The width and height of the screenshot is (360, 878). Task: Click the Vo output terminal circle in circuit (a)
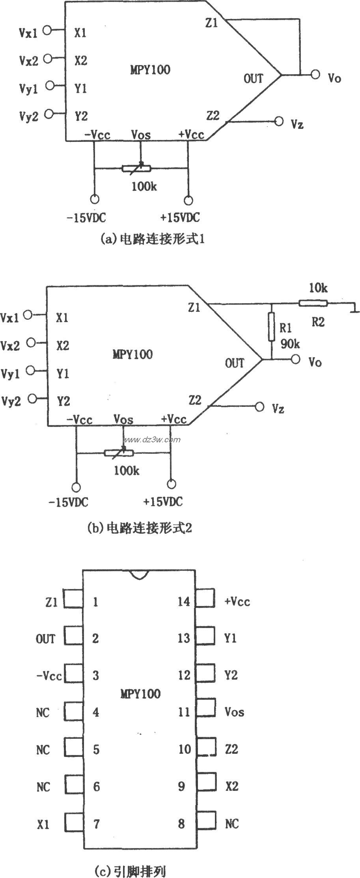coord(315,74)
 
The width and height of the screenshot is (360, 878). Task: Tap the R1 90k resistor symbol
coord(271,326)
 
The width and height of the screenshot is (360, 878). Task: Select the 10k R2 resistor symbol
coord(313,303)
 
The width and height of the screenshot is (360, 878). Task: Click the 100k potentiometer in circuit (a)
coord(136,169)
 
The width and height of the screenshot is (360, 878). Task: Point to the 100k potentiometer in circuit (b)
coord(119,453)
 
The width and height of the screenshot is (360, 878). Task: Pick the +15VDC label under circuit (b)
coord(163,502)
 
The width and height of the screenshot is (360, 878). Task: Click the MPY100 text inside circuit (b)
coord(132,354)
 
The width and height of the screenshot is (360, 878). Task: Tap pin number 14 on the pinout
coord(184,602)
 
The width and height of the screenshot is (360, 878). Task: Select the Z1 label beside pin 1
coord(51,602)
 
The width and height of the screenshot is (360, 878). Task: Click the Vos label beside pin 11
coord(234,712)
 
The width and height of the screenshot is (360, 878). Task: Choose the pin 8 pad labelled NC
coord(205,824)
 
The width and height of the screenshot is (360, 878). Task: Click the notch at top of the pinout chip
coord(139,574)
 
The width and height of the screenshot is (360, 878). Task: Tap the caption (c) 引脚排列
coord(130,870)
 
